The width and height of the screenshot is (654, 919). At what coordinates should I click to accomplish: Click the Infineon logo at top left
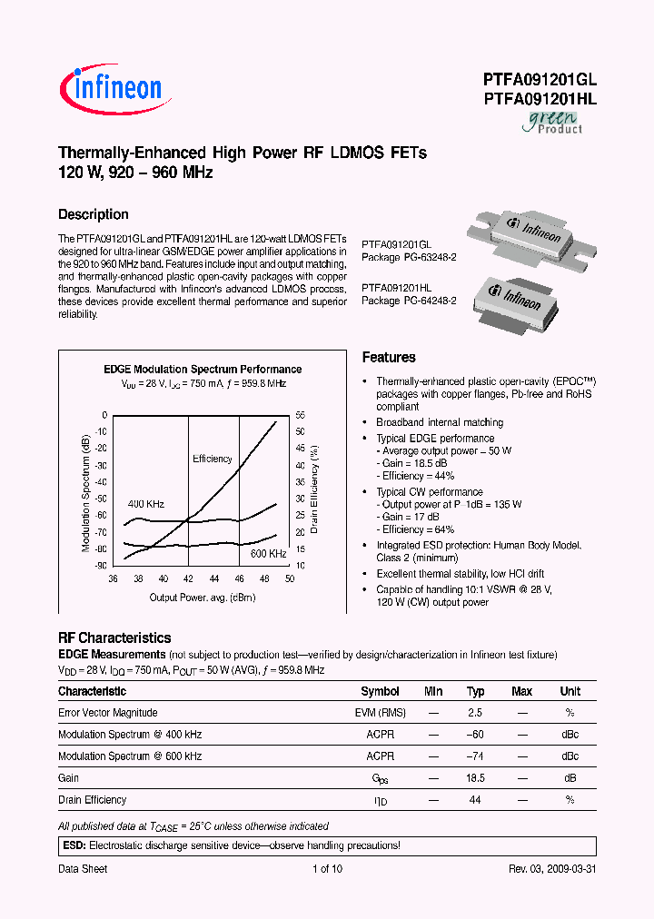point(111,87)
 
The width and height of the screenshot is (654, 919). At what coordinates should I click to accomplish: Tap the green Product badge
point(552,122)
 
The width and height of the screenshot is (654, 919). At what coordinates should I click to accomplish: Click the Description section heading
point(94,214)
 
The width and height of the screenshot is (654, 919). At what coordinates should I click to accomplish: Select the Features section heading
point(389,358)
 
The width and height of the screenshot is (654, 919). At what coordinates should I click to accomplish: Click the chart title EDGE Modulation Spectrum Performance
point(203,370)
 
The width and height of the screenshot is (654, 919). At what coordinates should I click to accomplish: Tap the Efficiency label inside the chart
point(213,459)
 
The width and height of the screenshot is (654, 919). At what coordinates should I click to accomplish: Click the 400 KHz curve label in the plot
point(145,503)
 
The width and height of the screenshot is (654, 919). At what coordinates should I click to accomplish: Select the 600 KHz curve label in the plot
point(268,554)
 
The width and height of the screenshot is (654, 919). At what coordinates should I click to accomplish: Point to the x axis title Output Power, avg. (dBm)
point(202,598)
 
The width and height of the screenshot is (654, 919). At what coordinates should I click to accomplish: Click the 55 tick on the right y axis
point(300,414)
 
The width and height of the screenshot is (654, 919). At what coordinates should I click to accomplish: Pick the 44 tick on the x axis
point(214,578)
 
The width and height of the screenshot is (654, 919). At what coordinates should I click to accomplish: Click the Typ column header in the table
point(476,691)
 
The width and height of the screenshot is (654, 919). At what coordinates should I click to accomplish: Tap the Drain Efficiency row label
point(93,800)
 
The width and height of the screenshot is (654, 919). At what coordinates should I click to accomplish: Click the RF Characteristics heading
point(114,638)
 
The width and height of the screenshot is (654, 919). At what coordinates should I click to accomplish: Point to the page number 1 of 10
point(327,869)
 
